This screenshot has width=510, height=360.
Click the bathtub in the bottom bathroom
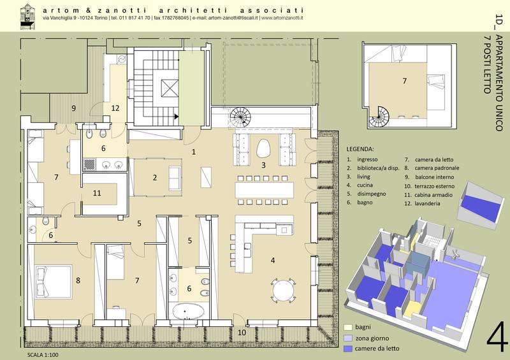pos(188,311)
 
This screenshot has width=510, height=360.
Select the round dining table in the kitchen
pos(284,291)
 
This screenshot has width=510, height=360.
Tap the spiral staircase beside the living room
pos(240,117)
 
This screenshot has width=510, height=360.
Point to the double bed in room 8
pos(53,281)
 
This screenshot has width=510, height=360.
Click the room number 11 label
pos(97,193)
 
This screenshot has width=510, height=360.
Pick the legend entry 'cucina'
pos(365,185)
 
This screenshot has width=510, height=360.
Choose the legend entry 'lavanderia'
pos(427,204)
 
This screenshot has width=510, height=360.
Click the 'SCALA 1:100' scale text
pos(43,355)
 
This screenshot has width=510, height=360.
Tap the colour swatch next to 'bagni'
pos(348,327)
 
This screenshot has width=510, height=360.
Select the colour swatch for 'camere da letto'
pos(348,349)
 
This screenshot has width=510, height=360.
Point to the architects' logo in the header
pos(27,17)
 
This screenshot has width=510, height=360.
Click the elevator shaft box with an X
pos(170,88)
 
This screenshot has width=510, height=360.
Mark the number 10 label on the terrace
pos(242,333)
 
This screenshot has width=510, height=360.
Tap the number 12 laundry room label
pos(115,108)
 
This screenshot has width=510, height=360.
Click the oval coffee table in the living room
pos(264,148)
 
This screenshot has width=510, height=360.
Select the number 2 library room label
pos(155,178)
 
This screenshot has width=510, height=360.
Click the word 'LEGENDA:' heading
pos(360,149)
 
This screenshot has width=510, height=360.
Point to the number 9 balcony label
pos(73,108)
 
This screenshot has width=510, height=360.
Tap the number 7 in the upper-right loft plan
pos(405,81)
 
